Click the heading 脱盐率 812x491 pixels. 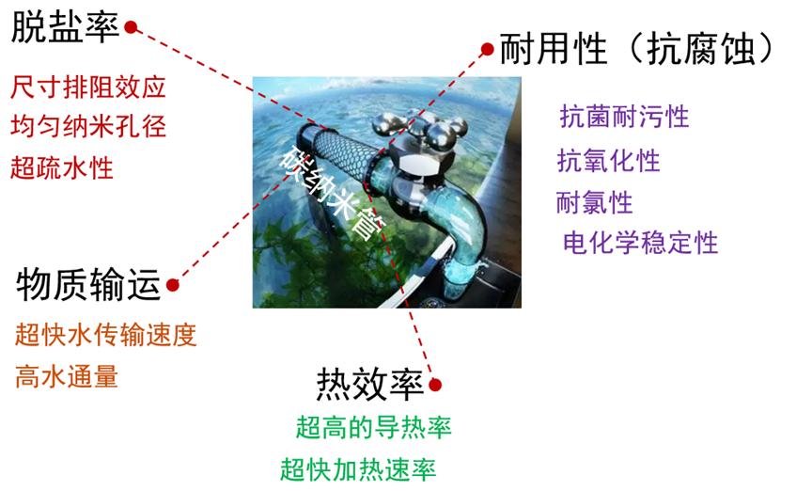click(x=66, y=28)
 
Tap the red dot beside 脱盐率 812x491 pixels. click(x=131, y=27)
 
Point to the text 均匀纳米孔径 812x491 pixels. click(x=88, y=127)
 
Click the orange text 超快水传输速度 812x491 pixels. click(x=106, y=335)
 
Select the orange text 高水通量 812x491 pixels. click(x=67, y=376)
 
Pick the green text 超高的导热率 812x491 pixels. click(x=373, y=427)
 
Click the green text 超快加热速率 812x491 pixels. click(x=358, y=468)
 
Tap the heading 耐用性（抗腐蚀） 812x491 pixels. click(x=638, y=48)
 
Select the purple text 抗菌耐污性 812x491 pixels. click(x=624, y=117)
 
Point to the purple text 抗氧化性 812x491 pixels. click(x=609, y=161)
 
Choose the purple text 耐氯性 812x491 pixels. click(x=595, y=202)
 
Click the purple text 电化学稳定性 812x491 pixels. click(x=640, y=244)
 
